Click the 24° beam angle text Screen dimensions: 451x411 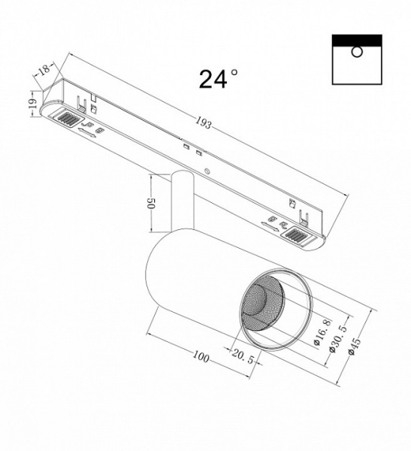[x=219, y=78]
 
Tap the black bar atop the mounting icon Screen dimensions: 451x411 [x=356, y=39]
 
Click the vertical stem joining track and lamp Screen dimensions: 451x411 [x=181, y=203]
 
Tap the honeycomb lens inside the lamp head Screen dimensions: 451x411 [x=259, y=308]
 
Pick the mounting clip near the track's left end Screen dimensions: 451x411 [x=93, y=98]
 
